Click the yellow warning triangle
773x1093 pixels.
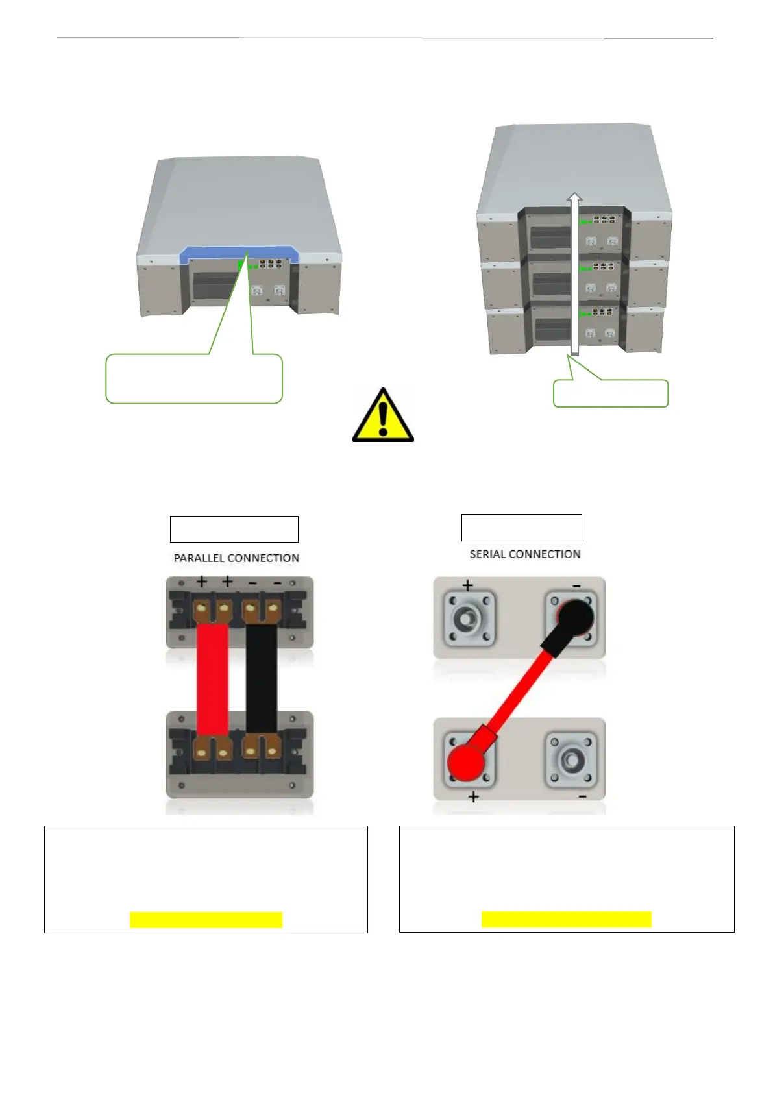click(x=383, y=417)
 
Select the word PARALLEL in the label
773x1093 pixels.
click(x=199, y=558)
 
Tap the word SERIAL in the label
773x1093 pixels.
click(x=487, y=554)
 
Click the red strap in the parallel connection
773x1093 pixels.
click(x=212, y=678)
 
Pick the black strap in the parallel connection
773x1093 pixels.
click(x=262, y=678)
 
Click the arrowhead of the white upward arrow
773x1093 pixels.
click(x=574, y=197)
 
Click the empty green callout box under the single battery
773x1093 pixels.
click(x=194, y=379)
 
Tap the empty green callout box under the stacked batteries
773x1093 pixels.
click(x=610, y=393)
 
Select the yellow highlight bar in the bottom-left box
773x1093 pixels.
click(x=206, y=920)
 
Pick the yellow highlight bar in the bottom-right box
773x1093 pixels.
click(x=566, y=919)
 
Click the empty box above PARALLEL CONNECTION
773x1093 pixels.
click(x=234, y=529)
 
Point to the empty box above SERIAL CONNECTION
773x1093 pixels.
click(x=521, y=528)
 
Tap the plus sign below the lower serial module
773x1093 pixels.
click(x=474, y=796)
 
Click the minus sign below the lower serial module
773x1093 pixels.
click(x=582, y=796)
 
